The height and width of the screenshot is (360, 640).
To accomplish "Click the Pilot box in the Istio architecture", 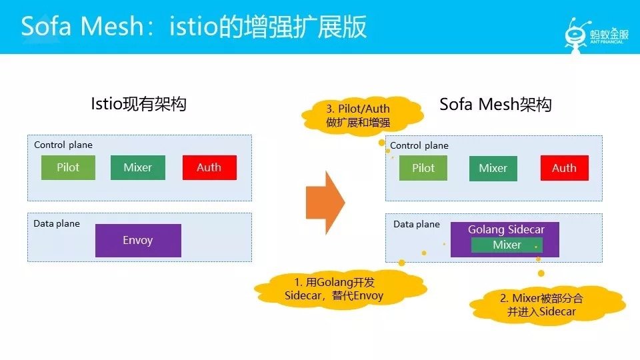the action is tap(68, 167).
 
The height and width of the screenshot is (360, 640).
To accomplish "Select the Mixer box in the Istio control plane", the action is tap(138, 167).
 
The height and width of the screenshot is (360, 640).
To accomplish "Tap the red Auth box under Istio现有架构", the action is tap(209, 167).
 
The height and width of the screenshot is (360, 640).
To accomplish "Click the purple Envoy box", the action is tap(138, 241).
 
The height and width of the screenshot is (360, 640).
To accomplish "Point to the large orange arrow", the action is tap(325, 203).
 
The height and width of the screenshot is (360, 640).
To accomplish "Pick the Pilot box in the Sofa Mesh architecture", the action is tap(423, 168).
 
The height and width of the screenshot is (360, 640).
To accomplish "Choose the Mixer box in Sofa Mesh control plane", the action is tap(493, 168).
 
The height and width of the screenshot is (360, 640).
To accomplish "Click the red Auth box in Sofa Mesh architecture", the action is tap(565, 168).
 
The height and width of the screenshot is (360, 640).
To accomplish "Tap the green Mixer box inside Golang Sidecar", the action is tap(507, 245).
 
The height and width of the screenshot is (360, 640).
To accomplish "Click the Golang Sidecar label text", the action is tap(506, 229).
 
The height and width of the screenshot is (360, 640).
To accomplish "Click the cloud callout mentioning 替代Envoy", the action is tap(341, 289).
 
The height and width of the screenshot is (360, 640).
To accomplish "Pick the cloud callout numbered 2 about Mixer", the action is tap(547, 305).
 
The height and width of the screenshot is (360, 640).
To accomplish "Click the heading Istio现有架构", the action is tap(139, 104).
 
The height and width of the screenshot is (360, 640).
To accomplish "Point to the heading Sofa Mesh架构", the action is tap(495, 105).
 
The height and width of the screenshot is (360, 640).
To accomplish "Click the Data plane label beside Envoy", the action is tap(57, 224).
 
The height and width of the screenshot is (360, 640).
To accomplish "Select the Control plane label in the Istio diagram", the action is tap(63, 145).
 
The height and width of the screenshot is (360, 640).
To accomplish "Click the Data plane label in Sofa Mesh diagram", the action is tap(417, 224).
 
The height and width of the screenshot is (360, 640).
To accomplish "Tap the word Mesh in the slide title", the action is tap(111, 26).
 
